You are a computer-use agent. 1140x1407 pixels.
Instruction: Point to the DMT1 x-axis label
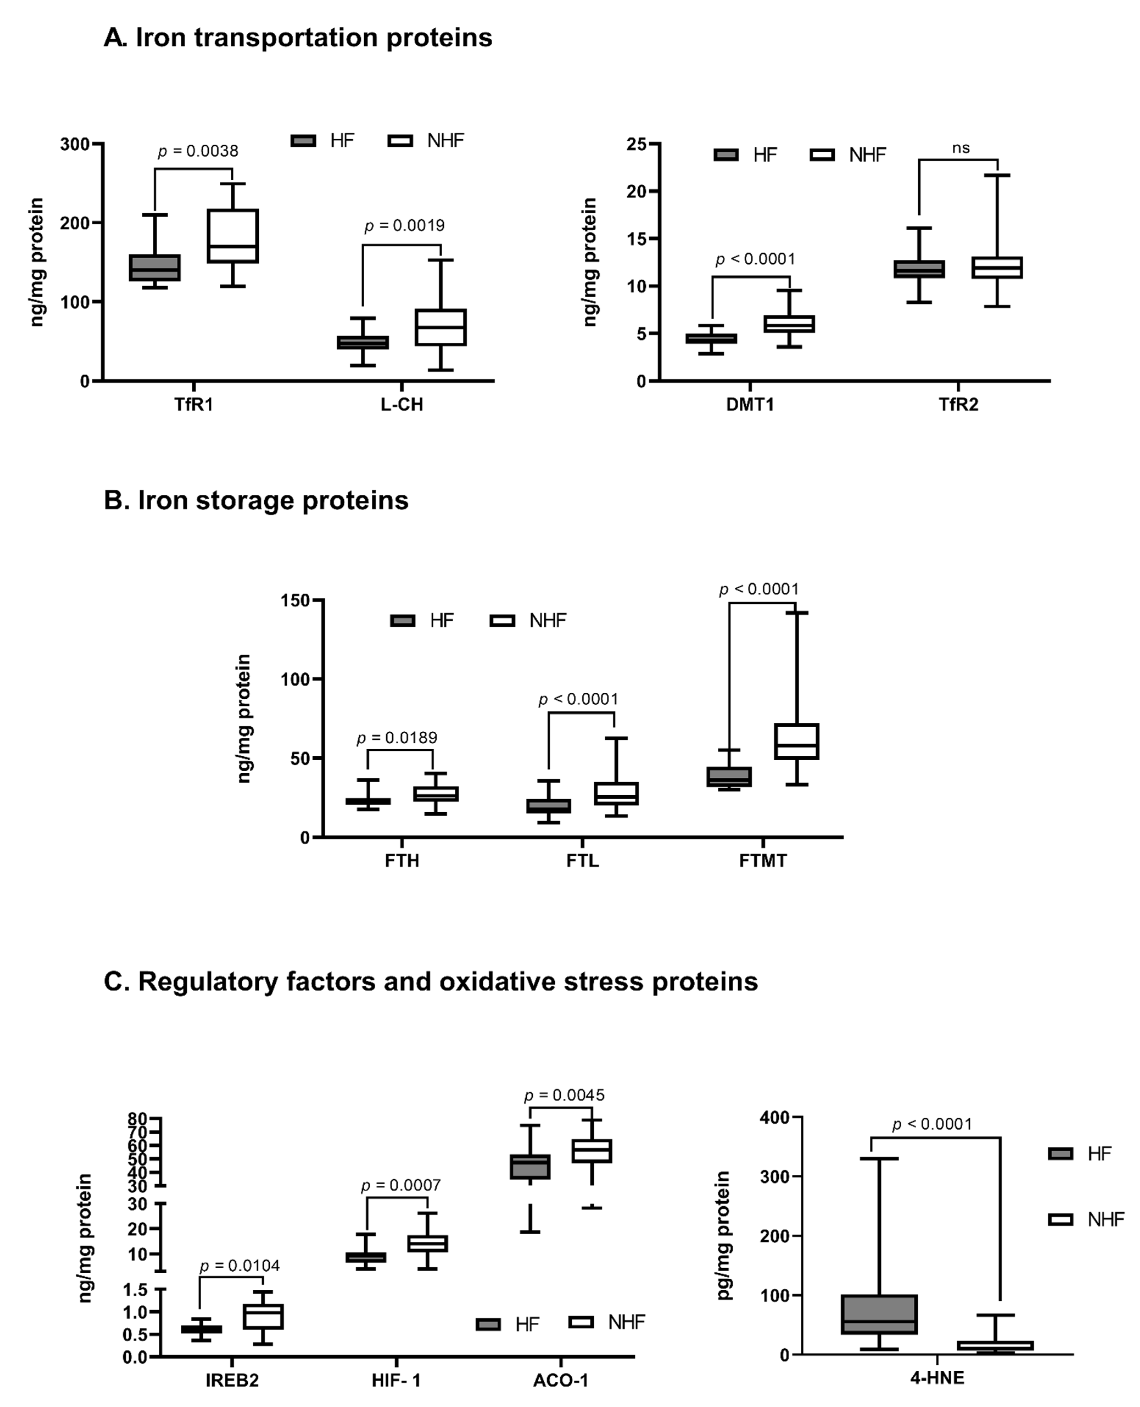(750, 404)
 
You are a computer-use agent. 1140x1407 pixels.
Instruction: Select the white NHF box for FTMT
(797, 741)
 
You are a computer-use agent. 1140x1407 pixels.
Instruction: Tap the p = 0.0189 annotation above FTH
(397, 738)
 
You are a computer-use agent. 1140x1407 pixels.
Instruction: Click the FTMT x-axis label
(762, 861)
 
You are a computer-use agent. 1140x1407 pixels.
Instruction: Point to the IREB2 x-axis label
(232, 1380)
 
